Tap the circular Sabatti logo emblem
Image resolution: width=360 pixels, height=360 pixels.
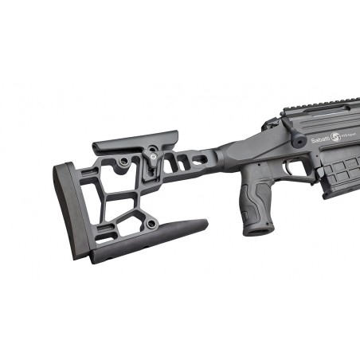point(335,137)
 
